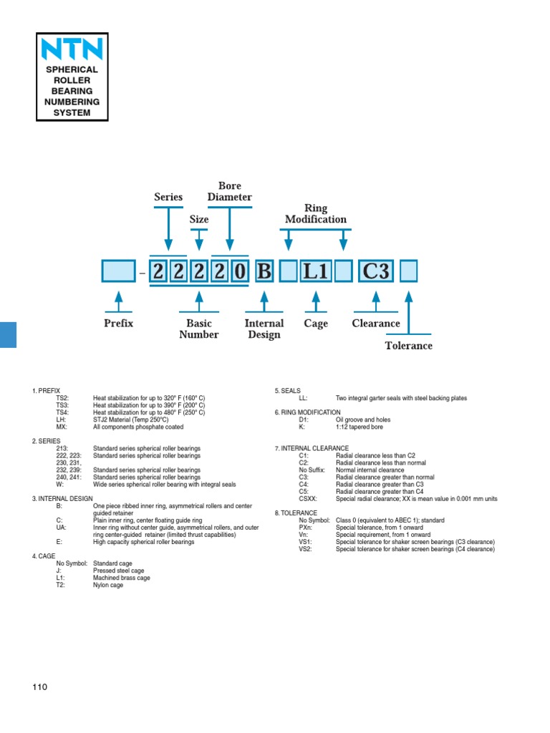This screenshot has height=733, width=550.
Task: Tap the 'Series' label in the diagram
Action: [x=168, y=197]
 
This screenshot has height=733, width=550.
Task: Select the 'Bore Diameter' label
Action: [x=230, y=191]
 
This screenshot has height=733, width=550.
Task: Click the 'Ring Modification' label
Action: [x=316, y=213]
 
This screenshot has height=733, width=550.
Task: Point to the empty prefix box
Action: [x=118, y=272]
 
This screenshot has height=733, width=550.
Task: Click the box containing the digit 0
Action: [x=240, y=272]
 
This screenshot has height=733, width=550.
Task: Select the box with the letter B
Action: [x=264, y=272]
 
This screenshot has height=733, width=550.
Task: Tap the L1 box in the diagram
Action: [x=315, y=272]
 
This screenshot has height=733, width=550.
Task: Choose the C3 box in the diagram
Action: [x=376, y=272]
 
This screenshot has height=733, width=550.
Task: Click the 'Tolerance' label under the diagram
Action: [x=409, y=346]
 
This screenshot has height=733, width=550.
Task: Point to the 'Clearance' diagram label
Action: [x=376, y=324]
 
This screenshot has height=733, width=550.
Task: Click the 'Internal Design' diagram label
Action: [x=264, y=329]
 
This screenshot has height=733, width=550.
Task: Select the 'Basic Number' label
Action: [x=199, y=329]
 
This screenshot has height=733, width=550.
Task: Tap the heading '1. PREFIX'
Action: [x=46, y=390]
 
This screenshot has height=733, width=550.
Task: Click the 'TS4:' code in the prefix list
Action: [x=62, y=412]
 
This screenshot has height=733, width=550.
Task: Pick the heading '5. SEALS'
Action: [x=288, y=390]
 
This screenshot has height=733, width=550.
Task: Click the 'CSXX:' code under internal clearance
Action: [x=308, y=499]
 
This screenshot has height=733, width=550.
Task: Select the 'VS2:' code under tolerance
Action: [x=306, y=549]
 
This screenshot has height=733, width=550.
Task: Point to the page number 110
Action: [x=39, y=687]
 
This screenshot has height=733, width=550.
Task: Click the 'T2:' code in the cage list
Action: [x=61, y=585]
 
